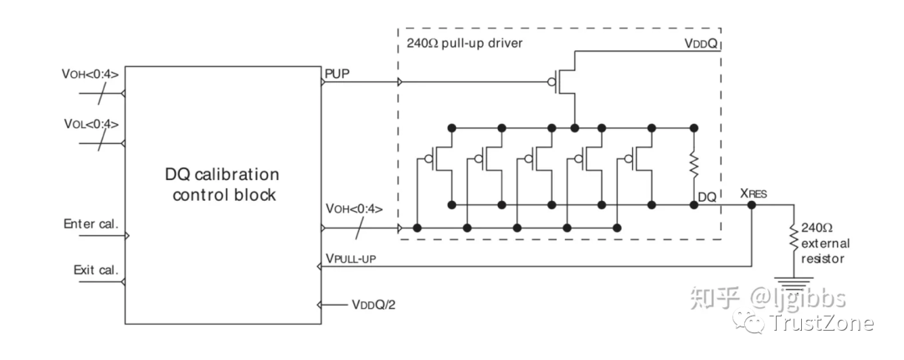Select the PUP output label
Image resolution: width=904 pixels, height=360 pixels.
[337, 75]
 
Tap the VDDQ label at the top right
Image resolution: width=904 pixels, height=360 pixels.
[700, 44]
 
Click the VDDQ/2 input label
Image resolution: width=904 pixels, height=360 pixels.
[373, 305]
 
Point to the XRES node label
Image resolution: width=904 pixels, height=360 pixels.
[753, 193]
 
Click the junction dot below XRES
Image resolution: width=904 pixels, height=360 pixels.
[752, 204]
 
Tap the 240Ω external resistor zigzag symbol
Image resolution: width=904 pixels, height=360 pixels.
[794, 236]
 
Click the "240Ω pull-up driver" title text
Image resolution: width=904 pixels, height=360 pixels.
[465, 44]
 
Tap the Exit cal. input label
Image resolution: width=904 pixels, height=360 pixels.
[95, 270]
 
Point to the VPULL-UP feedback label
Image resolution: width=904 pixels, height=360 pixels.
[351, 259]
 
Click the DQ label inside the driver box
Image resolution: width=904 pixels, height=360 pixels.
[706, 197]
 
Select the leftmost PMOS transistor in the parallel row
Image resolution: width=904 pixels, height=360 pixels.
[438, 159]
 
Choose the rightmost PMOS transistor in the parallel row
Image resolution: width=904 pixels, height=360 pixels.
[638, 159]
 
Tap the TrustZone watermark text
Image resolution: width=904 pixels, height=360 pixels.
[821, 323]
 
